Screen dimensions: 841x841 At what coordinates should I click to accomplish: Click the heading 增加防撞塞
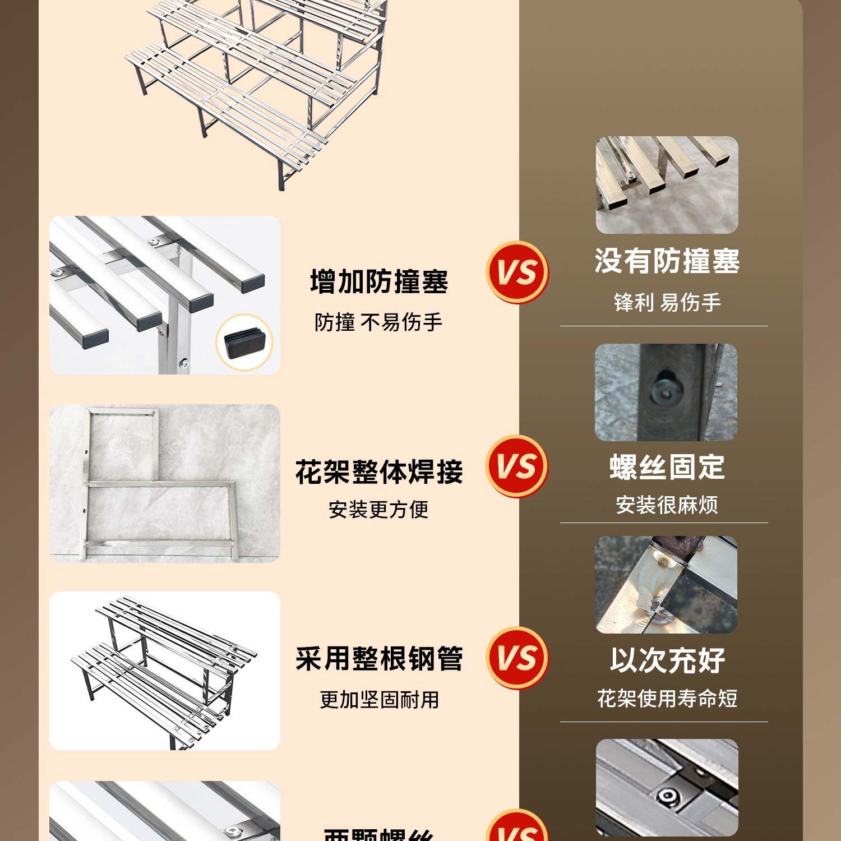pyautogui.click(x=379, y=281)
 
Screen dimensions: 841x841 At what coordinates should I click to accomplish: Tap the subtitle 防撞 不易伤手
pyautogui.click(x=378, y=322)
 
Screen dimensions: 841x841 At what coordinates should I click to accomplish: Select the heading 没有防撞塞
pyautogui.click(x=667, y=261)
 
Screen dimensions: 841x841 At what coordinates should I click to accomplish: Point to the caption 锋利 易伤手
pyautogui.click(x=667, y=303)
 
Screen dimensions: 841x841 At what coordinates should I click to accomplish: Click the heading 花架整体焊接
pyautogui.click(x=379, y=472)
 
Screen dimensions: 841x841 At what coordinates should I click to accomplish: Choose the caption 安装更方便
pyautogui.click(x=378, y=510)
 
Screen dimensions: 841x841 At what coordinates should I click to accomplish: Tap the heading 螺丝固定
pyautogui.click(x=667, y=468)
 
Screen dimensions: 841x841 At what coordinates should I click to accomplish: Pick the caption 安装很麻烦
pyautogui.click(x=667, y=505)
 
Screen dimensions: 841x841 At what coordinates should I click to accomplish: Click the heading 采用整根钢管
pyautogui.click(x=379, y=659)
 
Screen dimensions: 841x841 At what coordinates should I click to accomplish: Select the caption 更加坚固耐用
pyautogui.click(x=379, y=700)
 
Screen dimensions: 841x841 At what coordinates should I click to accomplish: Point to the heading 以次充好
pyautogui.click(x=667, y=660)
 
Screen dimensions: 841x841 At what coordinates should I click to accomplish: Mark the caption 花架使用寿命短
pyautogui.click(x=667, y=699)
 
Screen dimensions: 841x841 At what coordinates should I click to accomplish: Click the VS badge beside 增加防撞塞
pyautogui.click(x=517, y=272)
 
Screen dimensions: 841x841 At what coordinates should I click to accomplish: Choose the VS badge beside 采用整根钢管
pyautogui.click(x=517, y=658)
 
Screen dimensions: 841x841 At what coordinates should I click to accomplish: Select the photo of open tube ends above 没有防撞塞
pyautogui.click(x=667, y=185)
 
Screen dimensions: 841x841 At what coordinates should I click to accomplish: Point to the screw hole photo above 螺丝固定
pyautogui.click(x=666, y=392)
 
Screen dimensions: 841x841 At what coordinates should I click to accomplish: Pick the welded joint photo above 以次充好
pyautogui.click(x=666, y=585)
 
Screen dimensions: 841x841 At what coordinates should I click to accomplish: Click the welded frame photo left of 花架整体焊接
pyautogui.click(x=164, y=483)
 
